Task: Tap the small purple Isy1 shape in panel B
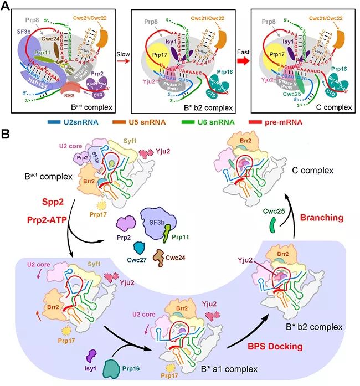89,356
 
